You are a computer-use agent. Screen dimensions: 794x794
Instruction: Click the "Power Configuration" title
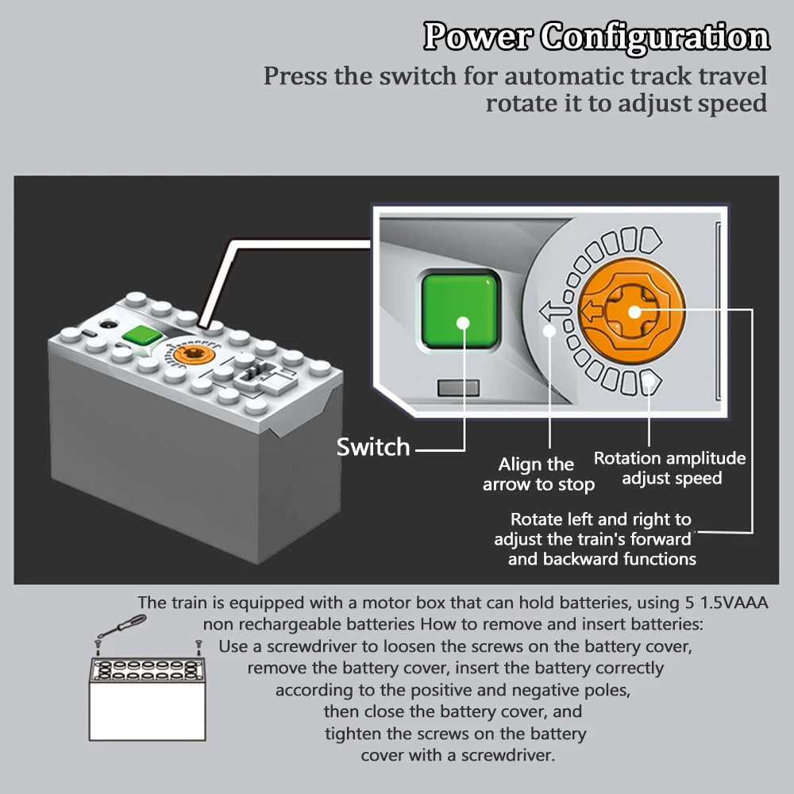coord(596,37)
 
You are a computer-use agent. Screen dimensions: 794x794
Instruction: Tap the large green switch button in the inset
coord(460,311)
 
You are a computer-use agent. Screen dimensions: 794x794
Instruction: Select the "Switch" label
coord(373,447)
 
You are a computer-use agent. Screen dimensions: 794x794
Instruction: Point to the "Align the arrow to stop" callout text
coord(538,475)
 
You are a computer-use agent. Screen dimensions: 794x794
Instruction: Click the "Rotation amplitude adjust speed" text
coord(669,468)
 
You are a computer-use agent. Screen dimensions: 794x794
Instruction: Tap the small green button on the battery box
coord(142,335)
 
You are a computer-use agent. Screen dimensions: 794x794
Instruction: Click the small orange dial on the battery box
coord(192,353)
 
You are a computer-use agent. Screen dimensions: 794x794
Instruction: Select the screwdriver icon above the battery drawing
coord(122,626)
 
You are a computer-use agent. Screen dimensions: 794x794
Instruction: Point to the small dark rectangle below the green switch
coord(458,388)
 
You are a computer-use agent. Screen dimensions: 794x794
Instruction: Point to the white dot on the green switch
coord(463,323)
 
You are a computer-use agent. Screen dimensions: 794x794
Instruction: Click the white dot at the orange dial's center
coord(634,312)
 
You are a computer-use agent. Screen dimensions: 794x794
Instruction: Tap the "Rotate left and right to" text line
coord(600,519)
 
